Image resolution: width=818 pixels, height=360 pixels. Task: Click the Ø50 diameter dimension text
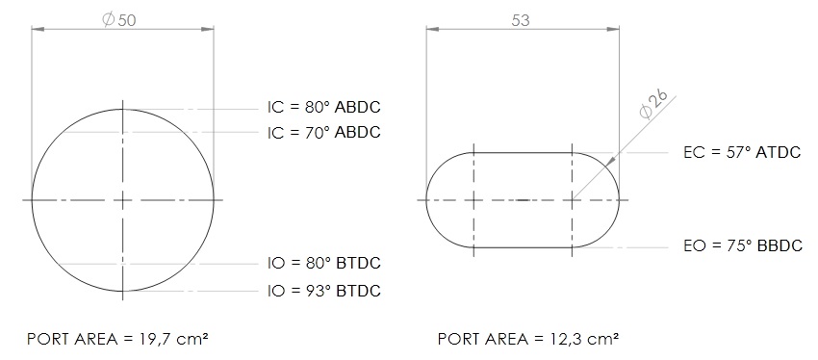click(x=119, y=20)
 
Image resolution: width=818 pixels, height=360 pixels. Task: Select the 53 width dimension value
click(x=521, y=20)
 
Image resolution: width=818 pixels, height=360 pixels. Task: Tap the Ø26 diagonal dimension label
click(x=653, y=104)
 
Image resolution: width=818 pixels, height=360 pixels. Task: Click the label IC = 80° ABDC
click(x=324, y=107)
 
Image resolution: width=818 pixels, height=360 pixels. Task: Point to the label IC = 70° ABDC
click(x=324, y=133)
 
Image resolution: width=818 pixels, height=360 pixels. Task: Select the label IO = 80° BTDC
click(x=324, y=263)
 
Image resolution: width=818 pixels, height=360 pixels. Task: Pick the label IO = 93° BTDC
click(x=324, y=291)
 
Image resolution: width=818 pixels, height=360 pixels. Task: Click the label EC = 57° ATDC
click(x=742, y=152)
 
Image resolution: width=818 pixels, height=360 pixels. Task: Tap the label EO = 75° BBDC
click(x=743, y=245)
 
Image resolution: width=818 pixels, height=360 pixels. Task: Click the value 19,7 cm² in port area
click(x=174, y=339)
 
